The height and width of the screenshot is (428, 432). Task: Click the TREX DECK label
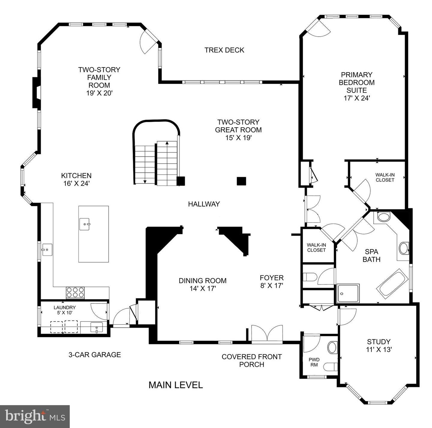tap(224, 50)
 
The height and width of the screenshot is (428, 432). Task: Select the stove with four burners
tap(75, 292)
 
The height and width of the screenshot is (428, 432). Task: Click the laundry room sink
tap(96, 328)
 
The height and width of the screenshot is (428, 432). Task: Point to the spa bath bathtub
tap(392, 282)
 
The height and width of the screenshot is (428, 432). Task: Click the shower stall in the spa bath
tap(348, 293)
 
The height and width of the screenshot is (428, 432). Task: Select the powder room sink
tap(332, 347)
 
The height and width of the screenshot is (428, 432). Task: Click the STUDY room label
tap(379, 342)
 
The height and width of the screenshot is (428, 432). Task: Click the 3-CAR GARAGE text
tap(94, 355)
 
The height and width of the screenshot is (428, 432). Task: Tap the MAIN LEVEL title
tap(175, 385)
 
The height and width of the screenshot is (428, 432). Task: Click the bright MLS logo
tap(35, 416)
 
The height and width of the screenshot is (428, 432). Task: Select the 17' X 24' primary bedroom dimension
tap(357, 98)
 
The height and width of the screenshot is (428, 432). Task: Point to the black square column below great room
tap(241, 181)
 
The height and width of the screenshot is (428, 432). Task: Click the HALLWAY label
tap(204, 204)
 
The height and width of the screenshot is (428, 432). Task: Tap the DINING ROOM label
tap(202, 281)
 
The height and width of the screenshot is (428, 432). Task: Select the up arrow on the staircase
tap(167, 143)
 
